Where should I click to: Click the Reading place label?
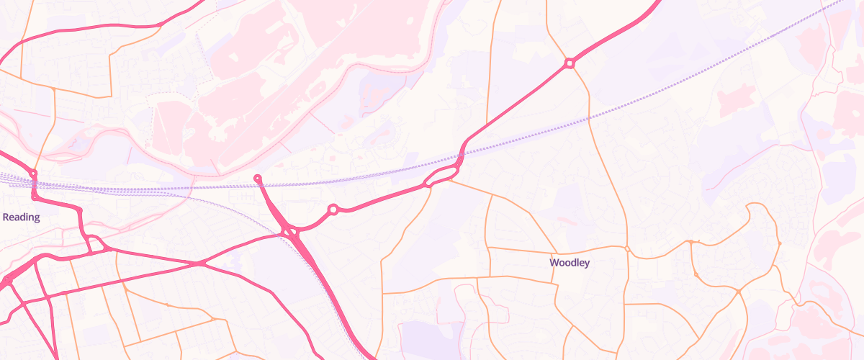[21, 217]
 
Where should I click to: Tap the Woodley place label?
[570, 263]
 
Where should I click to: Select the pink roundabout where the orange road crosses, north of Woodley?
[570, 63]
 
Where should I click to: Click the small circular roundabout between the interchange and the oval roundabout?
[333, 210]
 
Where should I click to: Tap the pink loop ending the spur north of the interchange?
[258, 178]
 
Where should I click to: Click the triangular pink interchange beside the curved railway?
[291, 232]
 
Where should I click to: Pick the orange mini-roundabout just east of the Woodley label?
[627, 249]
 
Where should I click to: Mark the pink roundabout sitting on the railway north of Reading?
[33, 174]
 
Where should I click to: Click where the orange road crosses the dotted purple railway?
[590, 117]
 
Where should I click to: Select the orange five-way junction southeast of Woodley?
[739, 291]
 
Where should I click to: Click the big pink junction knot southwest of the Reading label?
[7, 279]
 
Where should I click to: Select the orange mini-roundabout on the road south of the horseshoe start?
[696, 274]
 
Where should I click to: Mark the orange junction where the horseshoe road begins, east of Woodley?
[690, 242]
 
